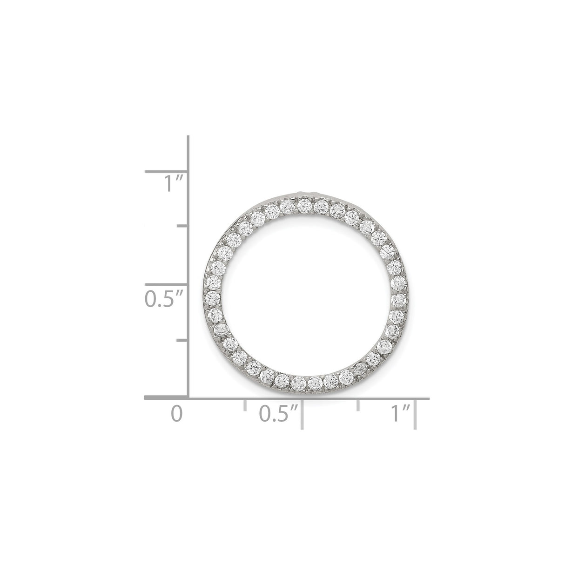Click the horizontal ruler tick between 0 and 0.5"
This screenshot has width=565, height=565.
coord(245,405)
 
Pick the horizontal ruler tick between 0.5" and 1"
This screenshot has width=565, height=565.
coord(358,405)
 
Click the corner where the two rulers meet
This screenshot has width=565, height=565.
coord(188,398)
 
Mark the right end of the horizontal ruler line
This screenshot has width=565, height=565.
coord(428,398)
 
